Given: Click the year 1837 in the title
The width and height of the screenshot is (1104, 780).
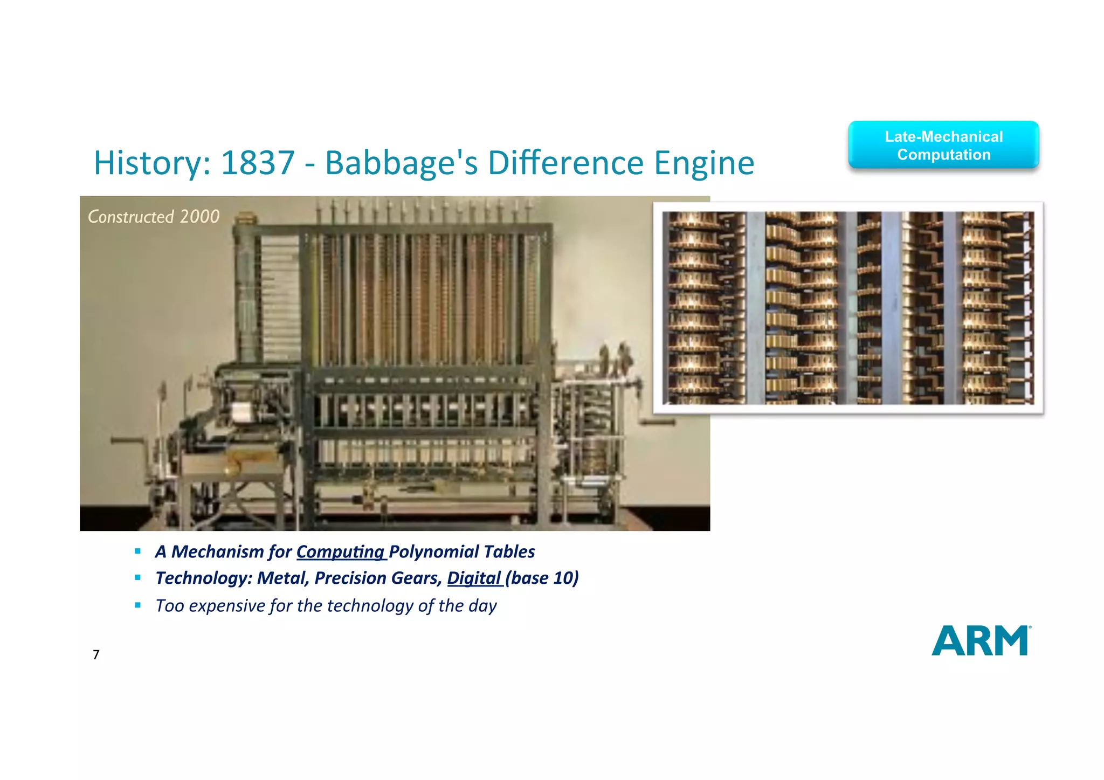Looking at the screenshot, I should point(258,163).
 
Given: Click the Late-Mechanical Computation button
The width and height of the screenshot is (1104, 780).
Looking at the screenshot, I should point(943,146).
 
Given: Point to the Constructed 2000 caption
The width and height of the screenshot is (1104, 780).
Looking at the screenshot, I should point(154,217).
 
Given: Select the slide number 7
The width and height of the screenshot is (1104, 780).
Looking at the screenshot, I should point(96,654).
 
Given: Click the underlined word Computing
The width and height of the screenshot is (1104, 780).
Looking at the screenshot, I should point(340,552).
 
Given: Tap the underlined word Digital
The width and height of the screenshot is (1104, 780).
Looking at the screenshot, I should point(474,578).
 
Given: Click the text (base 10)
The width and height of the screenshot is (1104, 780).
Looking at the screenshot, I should point(542,578).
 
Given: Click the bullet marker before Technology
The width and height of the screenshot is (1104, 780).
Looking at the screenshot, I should point(138,578).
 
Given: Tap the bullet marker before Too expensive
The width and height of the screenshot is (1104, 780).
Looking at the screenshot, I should point(138,605).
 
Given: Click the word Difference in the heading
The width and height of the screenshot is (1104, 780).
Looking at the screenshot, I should point(565,163).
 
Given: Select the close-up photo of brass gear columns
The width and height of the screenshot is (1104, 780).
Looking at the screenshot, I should point(848,308).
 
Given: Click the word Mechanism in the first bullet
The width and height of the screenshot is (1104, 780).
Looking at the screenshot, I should point(217,552).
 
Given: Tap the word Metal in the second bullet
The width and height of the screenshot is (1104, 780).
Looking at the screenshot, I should point(282,578).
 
